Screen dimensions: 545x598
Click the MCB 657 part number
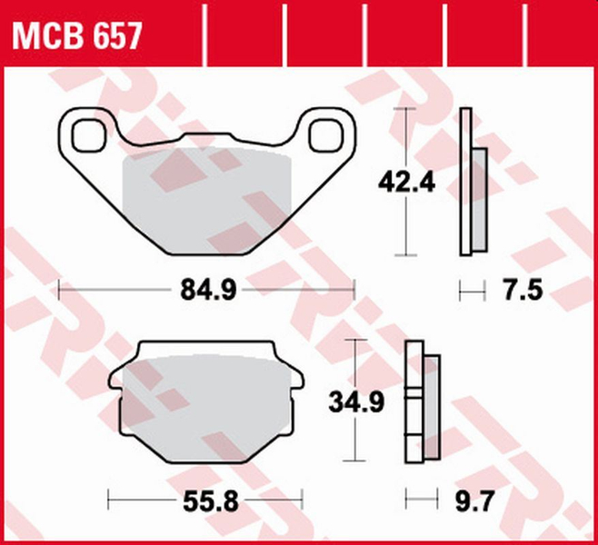(x=76, y=36)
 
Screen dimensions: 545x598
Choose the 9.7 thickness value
(x=470, y=499)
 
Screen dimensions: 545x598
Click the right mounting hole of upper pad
(x=323, y=136)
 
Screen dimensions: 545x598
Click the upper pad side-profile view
(x=471, y=182)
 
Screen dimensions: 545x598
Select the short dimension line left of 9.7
(x=417, y=499)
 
